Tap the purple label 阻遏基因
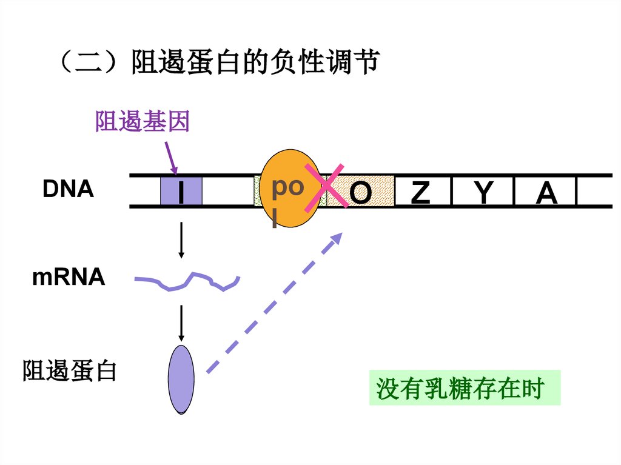click(x=143, y=122)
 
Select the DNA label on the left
click(x=68, y=190)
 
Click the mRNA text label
click(x=69, y=278)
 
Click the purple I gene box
click(x=181, y=192)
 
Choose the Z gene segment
click(x=421, y=192)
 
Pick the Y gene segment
click(x=483, y=192)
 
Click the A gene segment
click(x=546, y=192)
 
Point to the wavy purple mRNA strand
click(x=188, y=281)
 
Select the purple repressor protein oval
click(x=181, y=380)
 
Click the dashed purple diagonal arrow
click(x=273, y=303)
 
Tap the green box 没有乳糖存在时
click(x=465, y=388)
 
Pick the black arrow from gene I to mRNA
click(x=181, y=241)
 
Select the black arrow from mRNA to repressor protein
click(x=181, y=323)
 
